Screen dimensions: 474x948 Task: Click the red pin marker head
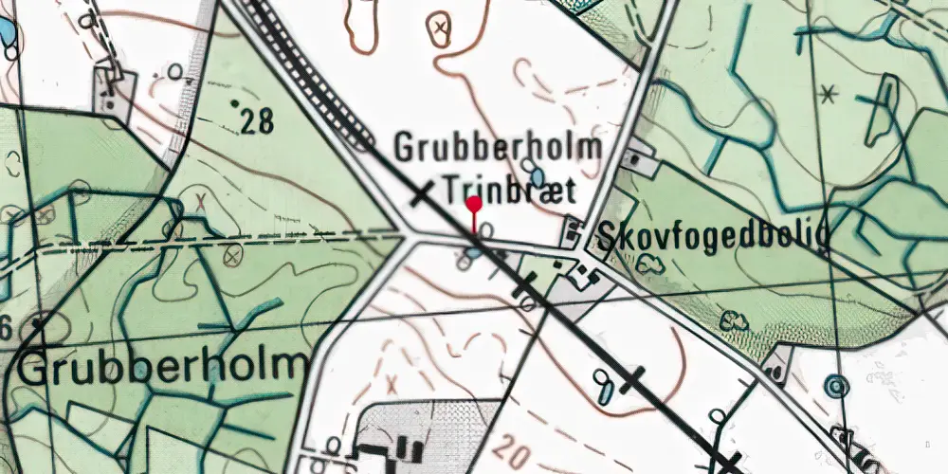(x=474, y=202)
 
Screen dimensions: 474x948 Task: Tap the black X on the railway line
(x=421, y=193)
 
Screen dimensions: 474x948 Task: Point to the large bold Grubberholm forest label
(x=163, y=366)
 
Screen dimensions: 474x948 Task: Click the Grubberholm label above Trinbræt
(x=498, y=148)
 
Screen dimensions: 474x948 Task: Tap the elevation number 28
(x=258, y=120)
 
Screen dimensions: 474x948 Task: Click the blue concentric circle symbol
(x=835, y=386)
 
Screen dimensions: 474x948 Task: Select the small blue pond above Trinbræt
(x=538, y=177)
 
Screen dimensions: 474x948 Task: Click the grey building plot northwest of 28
(x=111, y=92)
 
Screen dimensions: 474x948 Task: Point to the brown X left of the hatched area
(x=392, y=384)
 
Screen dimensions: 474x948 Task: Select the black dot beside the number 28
(x=234, y=101)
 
